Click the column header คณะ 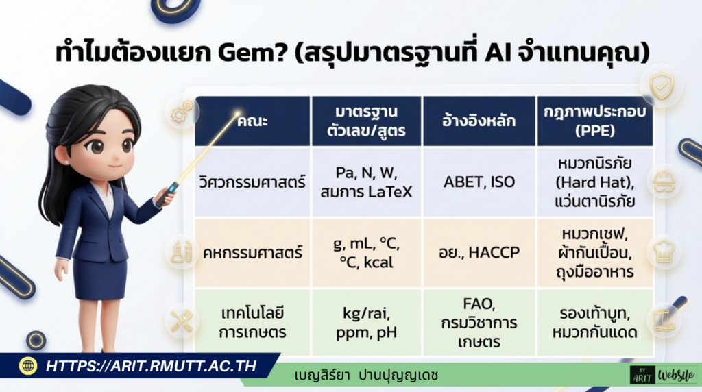252,121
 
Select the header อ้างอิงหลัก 479,121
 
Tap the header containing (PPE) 593,121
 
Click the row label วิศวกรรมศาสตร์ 252,183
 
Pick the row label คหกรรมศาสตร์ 252,252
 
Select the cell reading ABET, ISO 479,183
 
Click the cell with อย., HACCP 479,252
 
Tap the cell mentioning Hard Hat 593,182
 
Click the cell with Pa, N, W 365,182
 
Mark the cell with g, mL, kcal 365,252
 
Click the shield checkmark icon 662,85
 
